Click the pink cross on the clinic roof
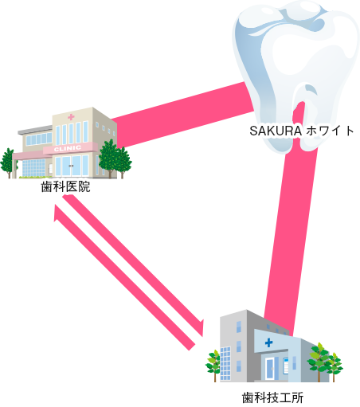[x=71, y=117]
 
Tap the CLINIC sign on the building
[x=68, y=149]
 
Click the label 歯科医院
[x=65, y=186]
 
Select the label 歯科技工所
[x=272, y=398]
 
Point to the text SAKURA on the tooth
[x=276, y=131]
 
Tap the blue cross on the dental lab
[x=268, y=342]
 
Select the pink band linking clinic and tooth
[x=183, y=115]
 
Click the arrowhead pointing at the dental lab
[x=202, y=328]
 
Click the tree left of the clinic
[x=8, y=162]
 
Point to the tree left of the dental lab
[x=213, y=365]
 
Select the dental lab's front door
[x=270, y=369]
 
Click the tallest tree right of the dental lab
[x=319, y=361]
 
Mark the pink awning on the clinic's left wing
[x=28, y=155]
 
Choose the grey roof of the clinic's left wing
[x=35, y=130]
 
